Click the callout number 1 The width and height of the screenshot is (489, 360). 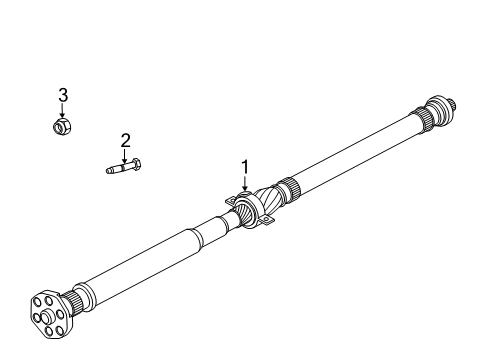coord(241,167)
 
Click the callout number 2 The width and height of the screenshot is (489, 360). coord(126,140)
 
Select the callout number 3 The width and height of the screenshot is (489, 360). coord(62,95)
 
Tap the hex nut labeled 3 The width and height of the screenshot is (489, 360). coord(62,126)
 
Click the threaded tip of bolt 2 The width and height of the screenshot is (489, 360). coord(109,169)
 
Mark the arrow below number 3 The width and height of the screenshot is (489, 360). coord(62,110)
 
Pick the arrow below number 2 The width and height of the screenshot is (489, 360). coord(126,154)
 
